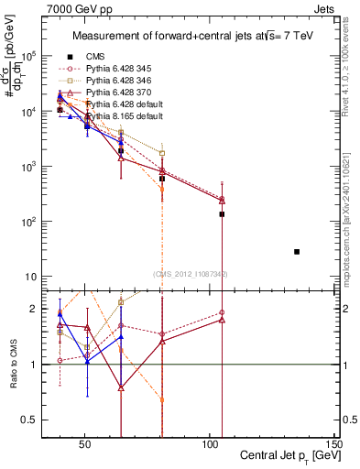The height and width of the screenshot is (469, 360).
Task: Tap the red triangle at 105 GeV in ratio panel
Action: click(x=222, y=320)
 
